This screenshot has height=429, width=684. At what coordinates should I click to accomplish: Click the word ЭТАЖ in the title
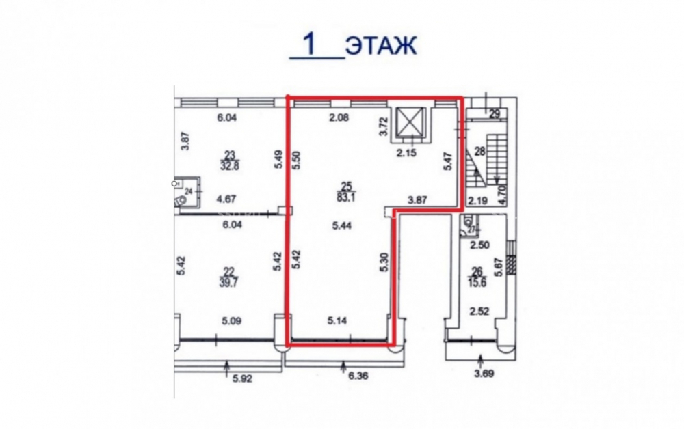click(381, 45)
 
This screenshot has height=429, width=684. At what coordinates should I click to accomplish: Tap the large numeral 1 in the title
click(310, 44)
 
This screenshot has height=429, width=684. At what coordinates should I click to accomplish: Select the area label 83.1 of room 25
click(347, 197)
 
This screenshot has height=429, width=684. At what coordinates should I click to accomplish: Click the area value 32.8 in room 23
click(229, 165)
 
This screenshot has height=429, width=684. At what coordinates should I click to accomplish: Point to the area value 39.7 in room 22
click(228, 282)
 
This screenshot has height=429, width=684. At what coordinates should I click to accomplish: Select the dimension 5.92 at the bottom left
click(243, 378)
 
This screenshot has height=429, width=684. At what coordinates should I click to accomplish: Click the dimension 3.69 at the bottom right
click(484, 373)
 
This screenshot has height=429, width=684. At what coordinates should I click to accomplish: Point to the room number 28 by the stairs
click(480, 152)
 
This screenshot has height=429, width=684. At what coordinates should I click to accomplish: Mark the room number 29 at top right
click(495, 115)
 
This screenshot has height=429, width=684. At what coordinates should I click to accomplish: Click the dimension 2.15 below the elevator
click(406, 152)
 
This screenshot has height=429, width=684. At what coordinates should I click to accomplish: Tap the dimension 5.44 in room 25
click(342, 225)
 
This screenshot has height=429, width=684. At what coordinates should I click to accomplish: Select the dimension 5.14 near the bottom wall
click(337, 321)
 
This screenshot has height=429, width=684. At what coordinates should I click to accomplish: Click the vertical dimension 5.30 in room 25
click(384, 262)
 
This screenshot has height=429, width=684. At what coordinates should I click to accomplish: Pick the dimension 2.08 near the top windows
click(339, 117)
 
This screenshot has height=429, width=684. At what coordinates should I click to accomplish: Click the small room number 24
click(189, 191)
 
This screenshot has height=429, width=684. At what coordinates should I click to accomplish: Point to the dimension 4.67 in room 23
click(226, 199)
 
